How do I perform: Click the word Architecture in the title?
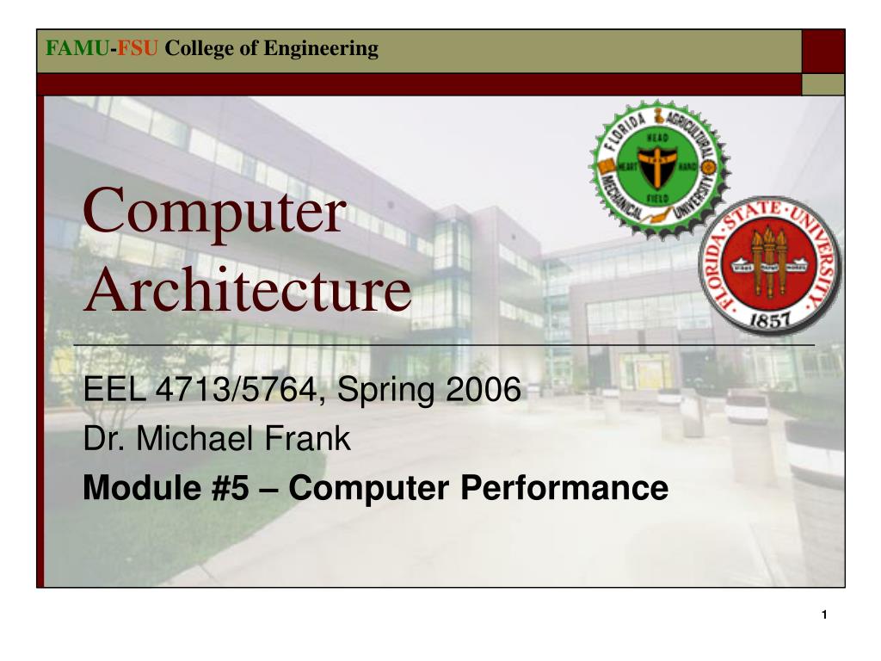[x=248, y=291]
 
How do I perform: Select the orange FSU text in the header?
[x=138, y=49]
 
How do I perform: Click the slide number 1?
[x=823, y=615]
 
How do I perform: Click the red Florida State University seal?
[x=770, y=263]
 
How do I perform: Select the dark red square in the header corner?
[x=823, y=51]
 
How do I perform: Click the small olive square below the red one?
[x=823, y=84]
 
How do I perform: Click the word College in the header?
[x=200, y=49]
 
